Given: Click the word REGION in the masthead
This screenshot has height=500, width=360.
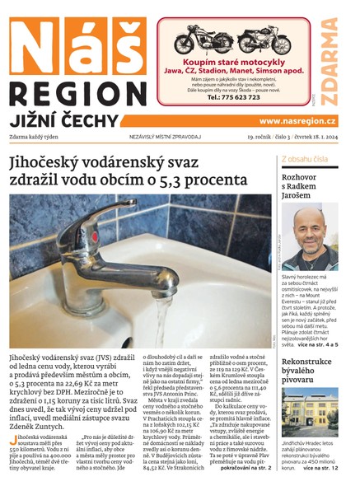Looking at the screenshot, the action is (x=73, y=92).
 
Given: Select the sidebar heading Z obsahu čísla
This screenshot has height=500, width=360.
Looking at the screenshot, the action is (x=306, y=158).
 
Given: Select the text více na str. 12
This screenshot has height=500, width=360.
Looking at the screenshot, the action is (x=321, y=491).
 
